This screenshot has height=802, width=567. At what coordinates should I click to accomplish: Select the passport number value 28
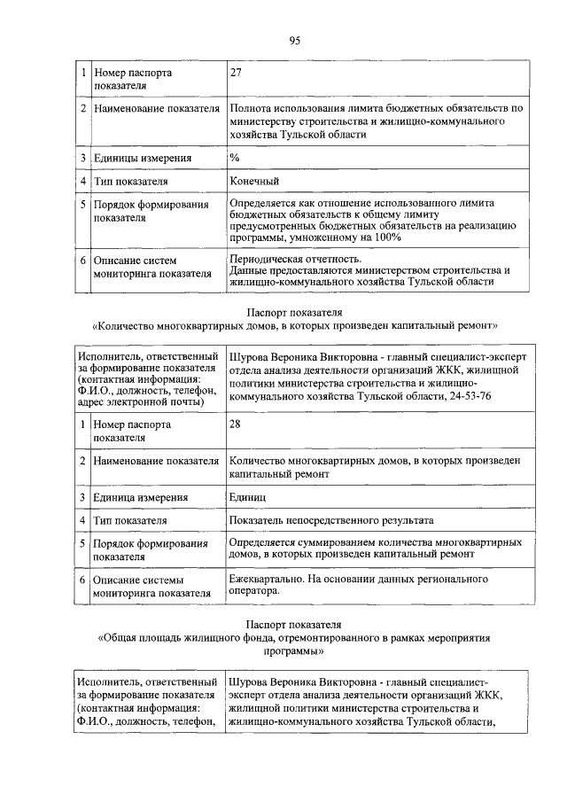pos(235,424)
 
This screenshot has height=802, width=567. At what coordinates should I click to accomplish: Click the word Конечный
pos(254,182)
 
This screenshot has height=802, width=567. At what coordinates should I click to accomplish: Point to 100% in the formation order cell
pos(384,237)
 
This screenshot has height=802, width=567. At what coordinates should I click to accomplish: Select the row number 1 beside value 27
pos(82,73)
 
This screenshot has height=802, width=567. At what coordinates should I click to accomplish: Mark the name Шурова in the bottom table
pos(250,682)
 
